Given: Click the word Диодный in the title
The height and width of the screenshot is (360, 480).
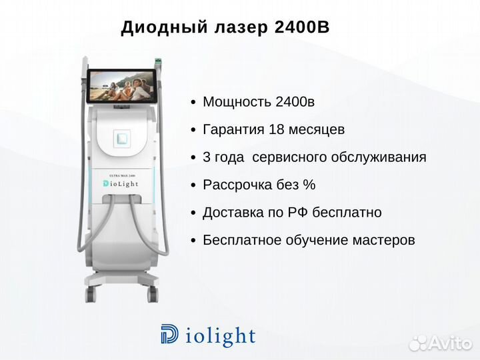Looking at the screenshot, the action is (164, 27).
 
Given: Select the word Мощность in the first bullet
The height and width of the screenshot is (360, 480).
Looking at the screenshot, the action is (237, 102).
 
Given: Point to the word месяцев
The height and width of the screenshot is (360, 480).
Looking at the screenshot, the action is (317, 131).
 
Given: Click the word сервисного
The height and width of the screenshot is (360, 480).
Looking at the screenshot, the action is (289, 157).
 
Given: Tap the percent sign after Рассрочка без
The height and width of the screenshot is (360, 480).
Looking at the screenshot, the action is (309, 185).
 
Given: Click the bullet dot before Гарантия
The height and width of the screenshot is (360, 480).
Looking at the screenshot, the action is (193, 130).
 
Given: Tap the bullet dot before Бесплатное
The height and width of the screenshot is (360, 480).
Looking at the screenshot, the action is (193, 241).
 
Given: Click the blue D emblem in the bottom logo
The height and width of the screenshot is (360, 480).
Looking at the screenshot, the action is (169, 334).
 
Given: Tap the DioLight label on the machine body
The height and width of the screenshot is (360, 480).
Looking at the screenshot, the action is (121, 184).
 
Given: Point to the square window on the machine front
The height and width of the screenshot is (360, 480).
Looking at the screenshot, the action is (122, 139).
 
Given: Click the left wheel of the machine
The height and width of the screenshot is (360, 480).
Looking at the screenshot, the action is (91, 294).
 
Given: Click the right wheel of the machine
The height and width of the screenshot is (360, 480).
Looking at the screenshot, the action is (153, 294).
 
